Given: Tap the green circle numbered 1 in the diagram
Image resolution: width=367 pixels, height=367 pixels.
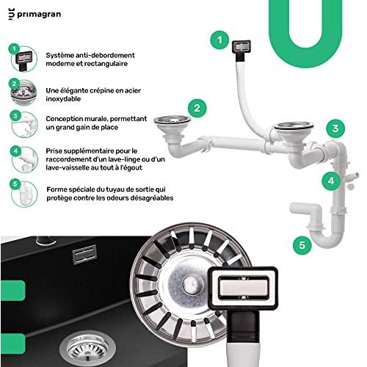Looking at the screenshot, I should [217, 39].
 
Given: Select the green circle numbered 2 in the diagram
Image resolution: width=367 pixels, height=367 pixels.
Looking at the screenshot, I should [195, 107].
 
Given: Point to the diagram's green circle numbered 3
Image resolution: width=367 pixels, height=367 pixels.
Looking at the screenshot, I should [335, 129].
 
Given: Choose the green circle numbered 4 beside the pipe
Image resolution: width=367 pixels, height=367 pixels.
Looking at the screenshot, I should [331, 180].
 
